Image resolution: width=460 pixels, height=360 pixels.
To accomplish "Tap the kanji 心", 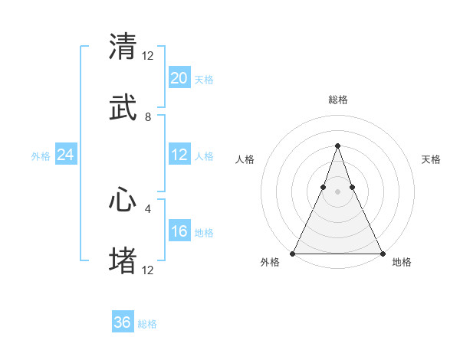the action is point(123,200).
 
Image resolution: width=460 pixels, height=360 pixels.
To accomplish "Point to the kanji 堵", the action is point(123,261).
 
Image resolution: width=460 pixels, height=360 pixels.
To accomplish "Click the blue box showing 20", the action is point(179,78).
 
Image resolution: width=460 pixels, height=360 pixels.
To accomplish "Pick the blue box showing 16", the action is point(179,231).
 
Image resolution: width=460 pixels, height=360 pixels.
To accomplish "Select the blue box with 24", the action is point(66,155).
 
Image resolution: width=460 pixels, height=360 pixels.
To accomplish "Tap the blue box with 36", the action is point(123,322).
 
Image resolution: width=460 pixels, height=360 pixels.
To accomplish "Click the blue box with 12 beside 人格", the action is point(179,155).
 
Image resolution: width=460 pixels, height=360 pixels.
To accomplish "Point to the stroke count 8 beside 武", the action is point(148,117).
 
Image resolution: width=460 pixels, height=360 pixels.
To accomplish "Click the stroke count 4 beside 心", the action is point(148,208).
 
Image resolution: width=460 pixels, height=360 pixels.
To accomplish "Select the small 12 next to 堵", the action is point(148,270).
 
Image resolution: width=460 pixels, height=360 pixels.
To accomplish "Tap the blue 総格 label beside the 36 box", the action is point(148,324).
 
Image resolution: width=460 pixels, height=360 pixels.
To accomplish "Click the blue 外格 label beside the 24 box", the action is point(41,155).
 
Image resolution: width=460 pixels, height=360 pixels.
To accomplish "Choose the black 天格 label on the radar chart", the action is point(432,159).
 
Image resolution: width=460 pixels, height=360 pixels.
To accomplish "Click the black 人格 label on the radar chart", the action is point(245,159).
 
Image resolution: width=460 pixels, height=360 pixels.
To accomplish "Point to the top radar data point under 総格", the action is point(337,146).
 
